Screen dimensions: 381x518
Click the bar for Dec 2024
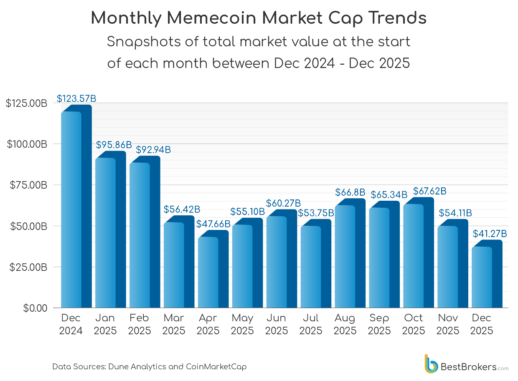[x=76, y=209]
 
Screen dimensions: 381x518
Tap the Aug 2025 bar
[x=350, y=255]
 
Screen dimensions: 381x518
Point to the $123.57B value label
[x=76, y=99]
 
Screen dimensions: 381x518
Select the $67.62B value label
[x=429, y=191]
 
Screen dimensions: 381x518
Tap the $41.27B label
[x=490, y=234]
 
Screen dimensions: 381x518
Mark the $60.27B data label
[x=283, y=203]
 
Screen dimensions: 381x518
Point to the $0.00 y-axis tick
[x=36, y=308]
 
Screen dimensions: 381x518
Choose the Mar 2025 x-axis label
[x=174, y=324]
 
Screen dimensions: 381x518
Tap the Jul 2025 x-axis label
[x=311, y=324]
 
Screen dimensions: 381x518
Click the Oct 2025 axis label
[x=414, y=324]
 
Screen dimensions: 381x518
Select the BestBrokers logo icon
[x=431, y=364]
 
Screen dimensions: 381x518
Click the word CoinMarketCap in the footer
[x=216, y=367]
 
